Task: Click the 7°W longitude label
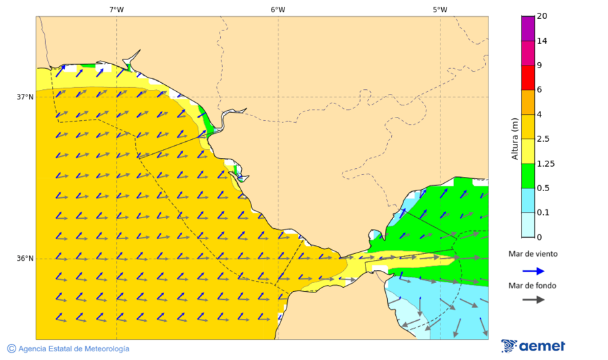(116, 9)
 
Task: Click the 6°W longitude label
(278, 9)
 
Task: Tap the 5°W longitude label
(440, 9)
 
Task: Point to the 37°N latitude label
(25, 97)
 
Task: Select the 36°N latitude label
(25, 259)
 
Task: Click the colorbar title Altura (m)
(515, 139)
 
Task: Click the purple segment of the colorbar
(528, 28)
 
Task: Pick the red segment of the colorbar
(528, 77)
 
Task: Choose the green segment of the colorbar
(528, 176)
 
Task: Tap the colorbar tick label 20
(542, 16)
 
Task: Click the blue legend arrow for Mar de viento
(534, 271)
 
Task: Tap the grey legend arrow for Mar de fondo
(534, 299)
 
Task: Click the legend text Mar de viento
(534, 254)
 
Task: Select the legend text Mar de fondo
(533, 286)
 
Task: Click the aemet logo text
(542, 346)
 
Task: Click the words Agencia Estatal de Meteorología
(74, 349)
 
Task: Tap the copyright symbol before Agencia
(11, 349)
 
